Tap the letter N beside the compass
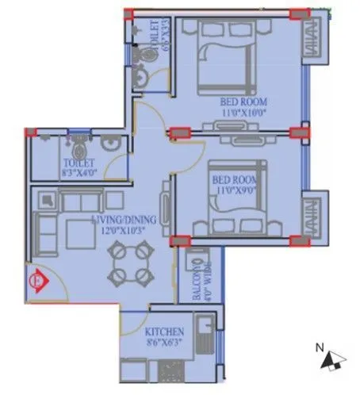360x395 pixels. [318, 347]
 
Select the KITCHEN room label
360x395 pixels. [165, 332]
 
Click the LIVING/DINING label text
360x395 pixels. [123, 220]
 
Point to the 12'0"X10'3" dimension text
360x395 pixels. [124, 231]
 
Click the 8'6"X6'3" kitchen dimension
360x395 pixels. [165, 343]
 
